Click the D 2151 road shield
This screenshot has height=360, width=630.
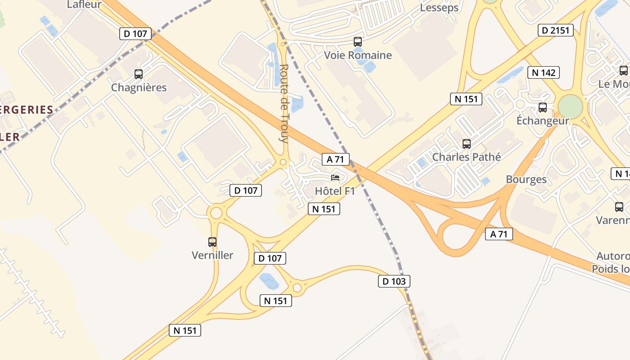[556, 31]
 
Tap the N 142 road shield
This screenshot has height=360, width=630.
[544, 72]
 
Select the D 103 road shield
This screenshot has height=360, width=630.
[394, 282]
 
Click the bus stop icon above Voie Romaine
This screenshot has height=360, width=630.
[358, 42]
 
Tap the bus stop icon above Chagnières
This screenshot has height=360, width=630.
[139, 74]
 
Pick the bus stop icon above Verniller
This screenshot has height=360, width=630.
[212, 242]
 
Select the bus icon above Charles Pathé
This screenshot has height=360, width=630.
[467, 144]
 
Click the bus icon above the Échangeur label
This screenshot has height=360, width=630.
[543, 108]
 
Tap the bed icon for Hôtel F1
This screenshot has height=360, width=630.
[335, 178]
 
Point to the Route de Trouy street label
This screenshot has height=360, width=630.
[283, 103]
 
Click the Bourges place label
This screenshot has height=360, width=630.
[526, 180]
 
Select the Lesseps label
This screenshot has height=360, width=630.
[439, 8]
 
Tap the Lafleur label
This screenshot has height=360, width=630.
[84, 5]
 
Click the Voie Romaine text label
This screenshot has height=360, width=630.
[358, 55]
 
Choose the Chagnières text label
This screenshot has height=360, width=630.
[139, 88]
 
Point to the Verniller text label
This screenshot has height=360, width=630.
[212, 256]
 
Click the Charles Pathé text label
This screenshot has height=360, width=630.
[466, 157]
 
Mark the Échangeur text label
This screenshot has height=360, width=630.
[542, 121]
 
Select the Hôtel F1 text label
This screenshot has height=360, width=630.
[335, 191]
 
